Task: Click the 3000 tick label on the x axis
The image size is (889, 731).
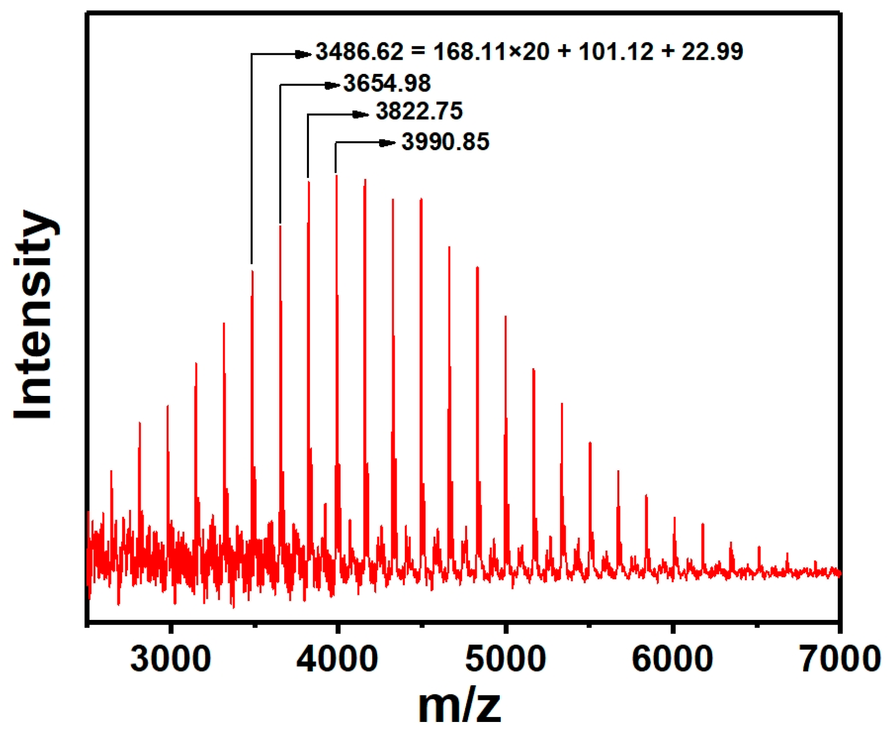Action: click(170, 659)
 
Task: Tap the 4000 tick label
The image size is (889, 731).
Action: click(337, 659)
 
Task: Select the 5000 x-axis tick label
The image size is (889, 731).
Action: click(505, 659)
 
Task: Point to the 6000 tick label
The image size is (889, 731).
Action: click(672, 659)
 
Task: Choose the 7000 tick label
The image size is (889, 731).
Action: click(840, 659)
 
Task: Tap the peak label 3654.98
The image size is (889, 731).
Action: click(387, 83)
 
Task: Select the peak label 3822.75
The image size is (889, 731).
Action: click(419, 111)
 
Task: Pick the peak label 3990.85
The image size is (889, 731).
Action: click(445, 142)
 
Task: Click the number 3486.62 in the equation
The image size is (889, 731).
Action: click(359, 52)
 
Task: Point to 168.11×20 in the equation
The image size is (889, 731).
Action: click(491, 52)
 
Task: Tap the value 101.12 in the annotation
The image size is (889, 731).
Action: click(616, 52)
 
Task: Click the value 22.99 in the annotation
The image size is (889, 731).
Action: click(712, 52)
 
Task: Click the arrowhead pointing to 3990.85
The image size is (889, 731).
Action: click(387, 143)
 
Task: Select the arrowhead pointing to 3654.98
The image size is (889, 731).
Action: click(332, 86)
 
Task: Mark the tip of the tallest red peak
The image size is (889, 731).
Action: click(337, 176)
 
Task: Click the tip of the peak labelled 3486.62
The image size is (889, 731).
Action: click(252, 272)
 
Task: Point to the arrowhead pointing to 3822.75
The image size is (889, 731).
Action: click(360, 115)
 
